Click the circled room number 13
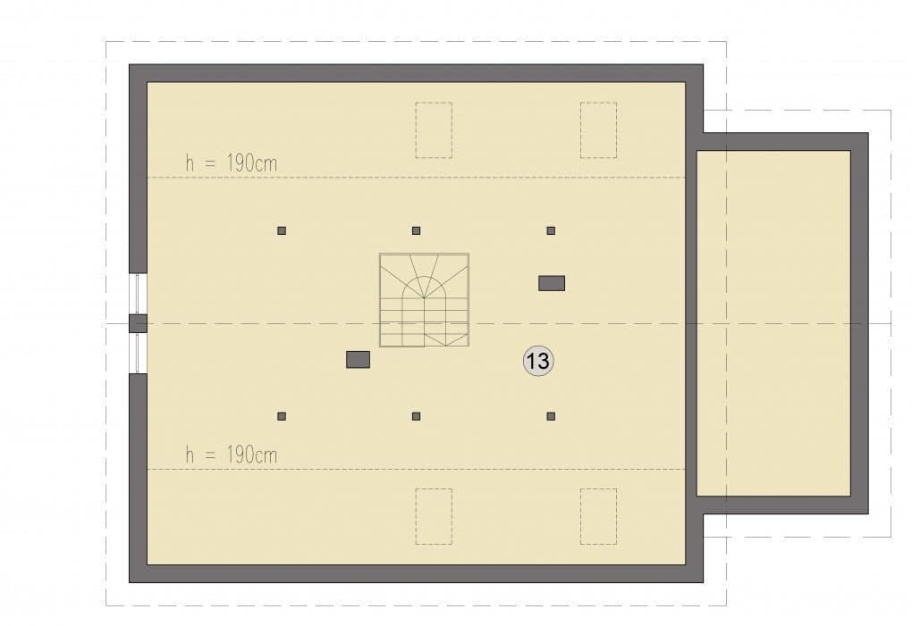[538, 361]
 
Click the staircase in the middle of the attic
[425, 300]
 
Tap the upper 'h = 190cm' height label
[231, 163]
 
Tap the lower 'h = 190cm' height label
[231, 455]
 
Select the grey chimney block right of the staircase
[552, 283]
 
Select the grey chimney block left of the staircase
[359, 360]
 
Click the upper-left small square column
[282, 230]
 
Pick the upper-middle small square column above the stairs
[416, 230]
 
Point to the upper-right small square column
[551, 230]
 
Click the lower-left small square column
[282, 416]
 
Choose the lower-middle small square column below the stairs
[416, 416]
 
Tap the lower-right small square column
[551, 416]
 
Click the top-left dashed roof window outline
[434, 130]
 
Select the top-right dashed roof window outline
[598, 130]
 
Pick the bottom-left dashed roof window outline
[434, 516]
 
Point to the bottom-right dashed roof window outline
[598, 516]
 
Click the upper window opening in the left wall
[138, 293]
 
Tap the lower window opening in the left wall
[138, 353]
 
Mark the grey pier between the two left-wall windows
[138, 323]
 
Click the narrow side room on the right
[773, 323]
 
